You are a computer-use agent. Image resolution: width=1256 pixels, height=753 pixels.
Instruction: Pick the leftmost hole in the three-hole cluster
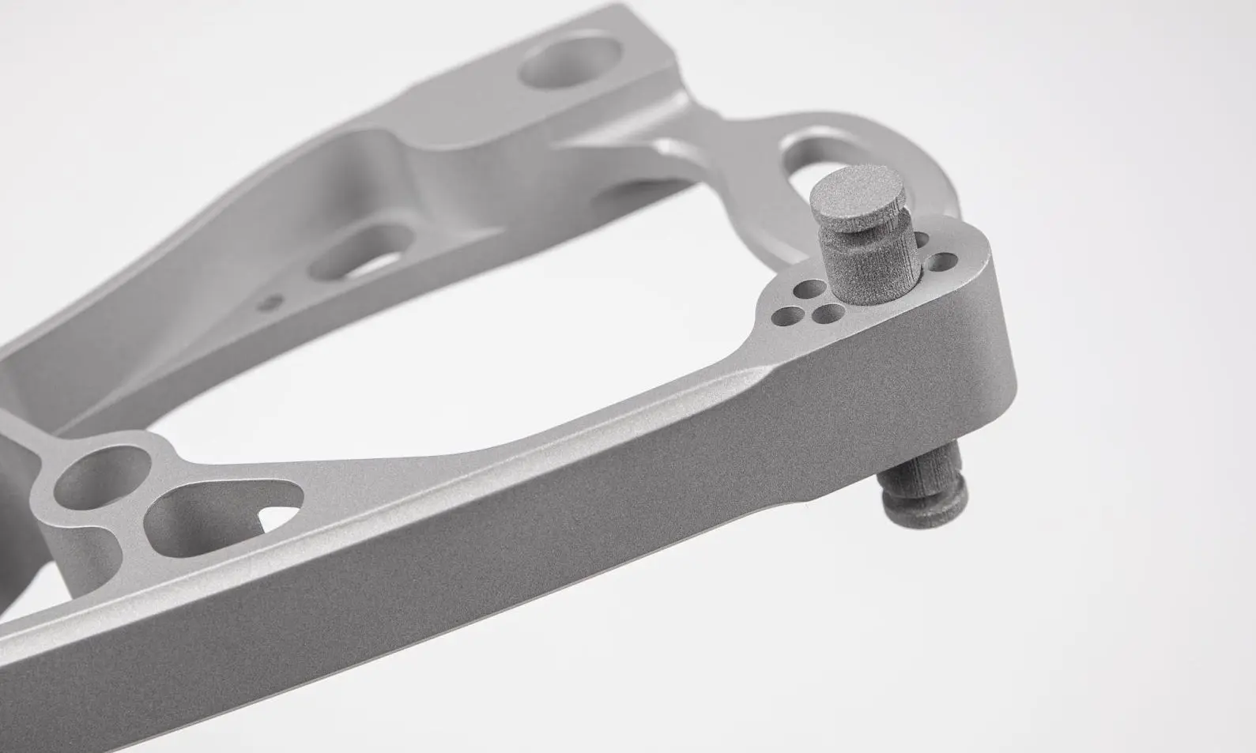pyautogui.click(x=785, y=317)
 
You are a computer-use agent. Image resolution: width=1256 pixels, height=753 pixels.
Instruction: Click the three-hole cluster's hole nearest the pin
pyautogui.click(x=828, y=314)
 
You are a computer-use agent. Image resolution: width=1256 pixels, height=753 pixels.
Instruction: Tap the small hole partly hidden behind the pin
pyautogui.click(x=921, y=239)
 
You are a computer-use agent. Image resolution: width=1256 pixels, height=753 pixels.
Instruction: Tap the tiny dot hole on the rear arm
pyautogui.click(x=271, y=299)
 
